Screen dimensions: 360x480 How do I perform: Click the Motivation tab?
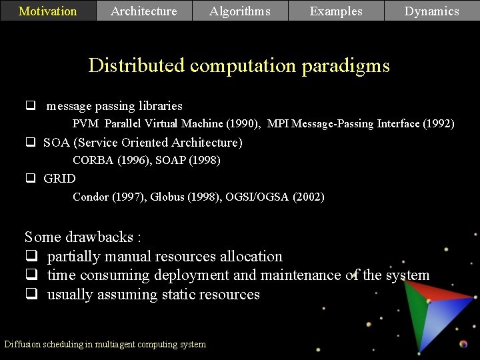tap(47, 11)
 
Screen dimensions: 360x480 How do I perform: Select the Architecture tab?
tap(144, 11)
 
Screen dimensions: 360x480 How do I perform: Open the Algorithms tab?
tap(240, 11)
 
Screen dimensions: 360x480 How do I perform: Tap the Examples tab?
tap(336, 11)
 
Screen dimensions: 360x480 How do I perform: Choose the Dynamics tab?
tap(432, 11)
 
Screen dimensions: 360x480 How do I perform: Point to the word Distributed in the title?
tap(137, 66)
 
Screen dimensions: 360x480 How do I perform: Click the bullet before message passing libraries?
tap(30, 105)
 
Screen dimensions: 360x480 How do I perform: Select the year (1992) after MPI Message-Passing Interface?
tap(439, 124)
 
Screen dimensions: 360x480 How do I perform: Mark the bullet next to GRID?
tap(30, 179)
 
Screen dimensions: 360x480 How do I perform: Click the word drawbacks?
tap(100, 237)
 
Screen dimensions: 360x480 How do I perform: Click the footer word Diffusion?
tap(22, 345)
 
